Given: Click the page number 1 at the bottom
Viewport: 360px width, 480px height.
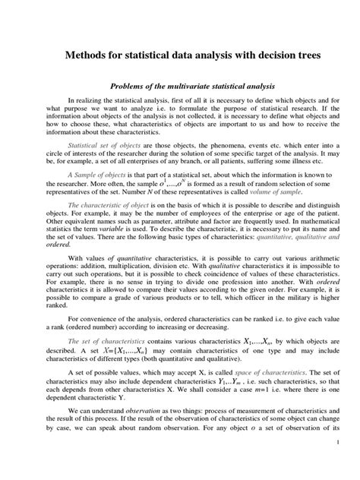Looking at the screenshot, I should coord(336,463).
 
